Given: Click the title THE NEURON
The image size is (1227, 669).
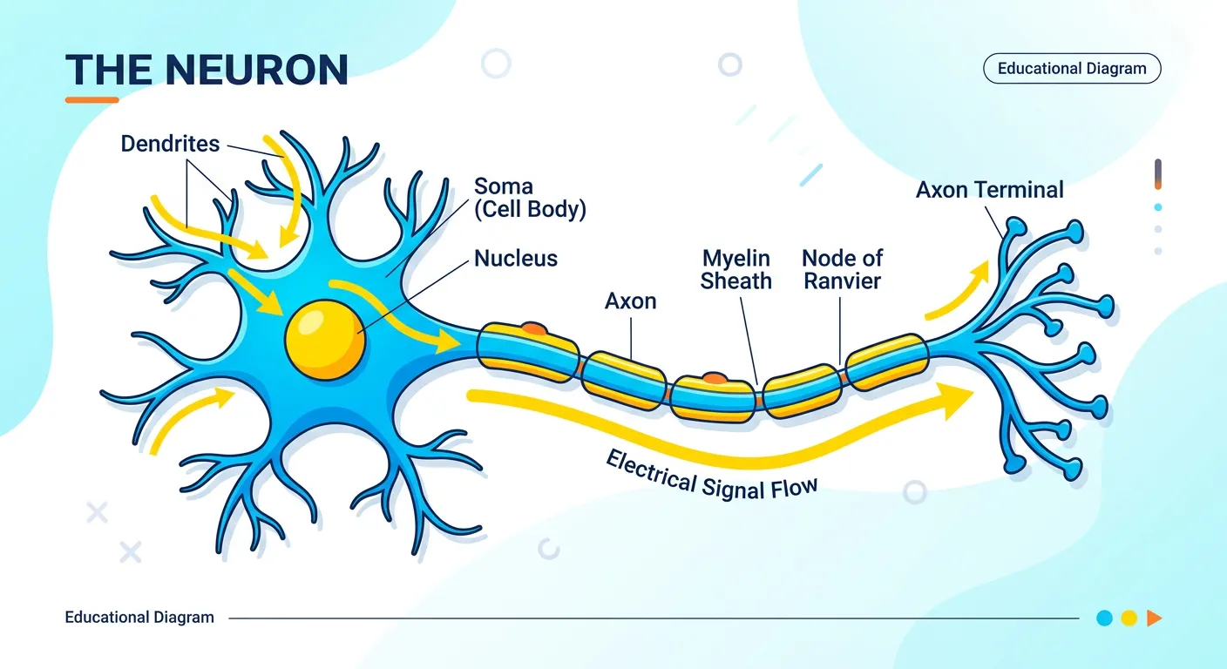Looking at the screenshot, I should pos(207,70).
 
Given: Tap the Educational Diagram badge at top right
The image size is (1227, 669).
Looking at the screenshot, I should pos(1071,69).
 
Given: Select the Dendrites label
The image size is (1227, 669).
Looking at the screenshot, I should pos(170,144).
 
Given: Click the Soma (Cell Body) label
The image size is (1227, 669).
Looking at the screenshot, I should pos(529,198).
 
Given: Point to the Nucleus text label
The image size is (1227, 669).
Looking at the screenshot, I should pos(515,258).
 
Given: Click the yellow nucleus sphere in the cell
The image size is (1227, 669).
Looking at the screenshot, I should pos(325,339).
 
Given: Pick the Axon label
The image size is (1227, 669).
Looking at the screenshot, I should pos(630,301).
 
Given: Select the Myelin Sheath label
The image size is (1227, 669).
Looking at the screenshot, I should pos(736,269).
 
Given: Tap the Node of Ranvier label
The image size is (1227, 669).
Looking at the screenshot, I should pos(842,269).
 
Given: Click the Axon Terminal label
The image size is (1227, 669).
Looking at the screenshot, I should pos(989,190).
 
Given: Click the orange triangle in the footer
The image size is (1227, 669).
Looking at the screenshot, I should pos(1154,618).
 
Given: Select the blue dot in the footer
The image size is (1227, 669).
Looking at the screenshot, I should pos(1104,618).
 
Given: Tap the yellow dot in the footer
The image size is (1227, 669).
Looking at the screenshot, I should pos(1129,618).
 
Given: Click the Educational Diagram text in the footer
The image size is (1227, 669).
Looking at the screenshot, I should pos(139,618).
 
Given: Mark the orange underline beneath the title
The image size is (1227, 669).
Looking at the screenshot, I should pos(92,100).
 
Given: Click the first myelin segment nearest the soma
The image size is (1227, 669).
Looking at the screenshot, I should pos(527,353).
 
